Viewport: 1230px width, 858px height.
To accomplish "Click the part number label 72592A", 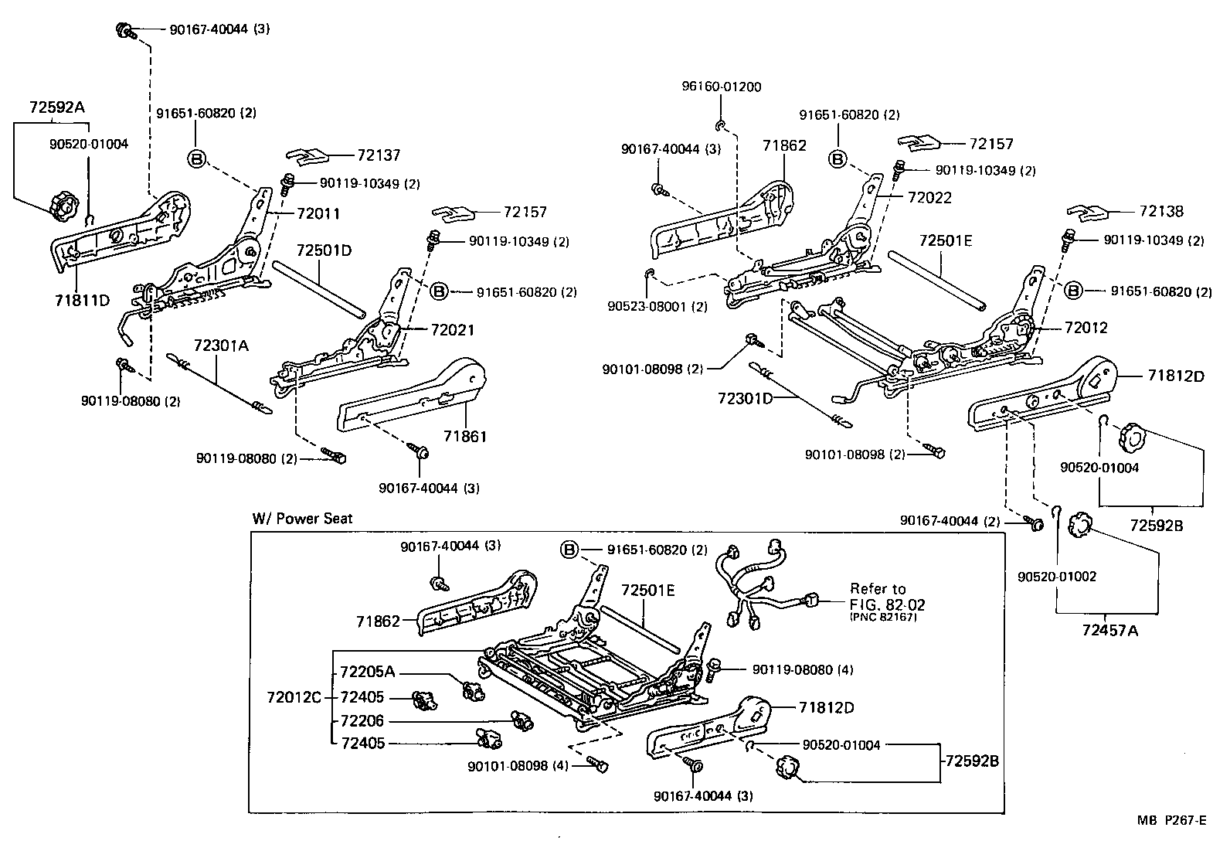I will (x=56, y=107).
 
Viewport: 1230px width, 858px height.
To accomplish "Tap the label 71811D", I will (x=81, y=299).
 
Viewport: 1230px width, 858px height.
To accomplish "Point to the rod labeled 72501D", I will (x=318, y=288).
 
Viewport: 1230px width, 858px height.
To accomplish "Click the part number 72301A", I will (x=221, y=346).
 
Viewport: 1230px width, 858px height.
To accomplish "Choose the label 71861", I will (x=465, y=437).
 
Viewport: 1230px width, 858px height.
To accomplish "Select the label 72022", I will (x=929, y=197).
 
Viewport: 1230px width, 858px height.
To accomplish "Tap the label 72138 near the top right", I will (x=1161, y=211).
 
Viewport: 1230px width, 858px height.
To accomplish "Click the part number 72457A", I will (x=1110, y=630).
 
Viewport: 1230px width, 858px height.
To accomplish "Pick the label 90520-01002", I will (x=1056, y=577).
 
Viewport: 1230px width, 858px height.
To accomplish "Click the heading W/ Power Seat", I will (x=302, y=518).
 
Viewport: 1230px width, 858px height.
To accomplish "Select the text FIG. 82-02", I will (x=887, y=604).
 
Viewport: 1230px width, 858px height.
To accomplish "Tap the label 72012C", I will (x=294, y=697).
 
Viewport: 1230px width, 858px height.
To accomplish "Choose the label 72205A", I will (x=367, y=671).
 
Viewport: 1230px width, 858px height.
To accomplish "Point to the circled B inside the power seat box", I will (x=569, y=550).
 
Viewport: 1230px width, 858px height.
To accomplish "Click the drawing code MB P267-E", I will (x=1171, y=820).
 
